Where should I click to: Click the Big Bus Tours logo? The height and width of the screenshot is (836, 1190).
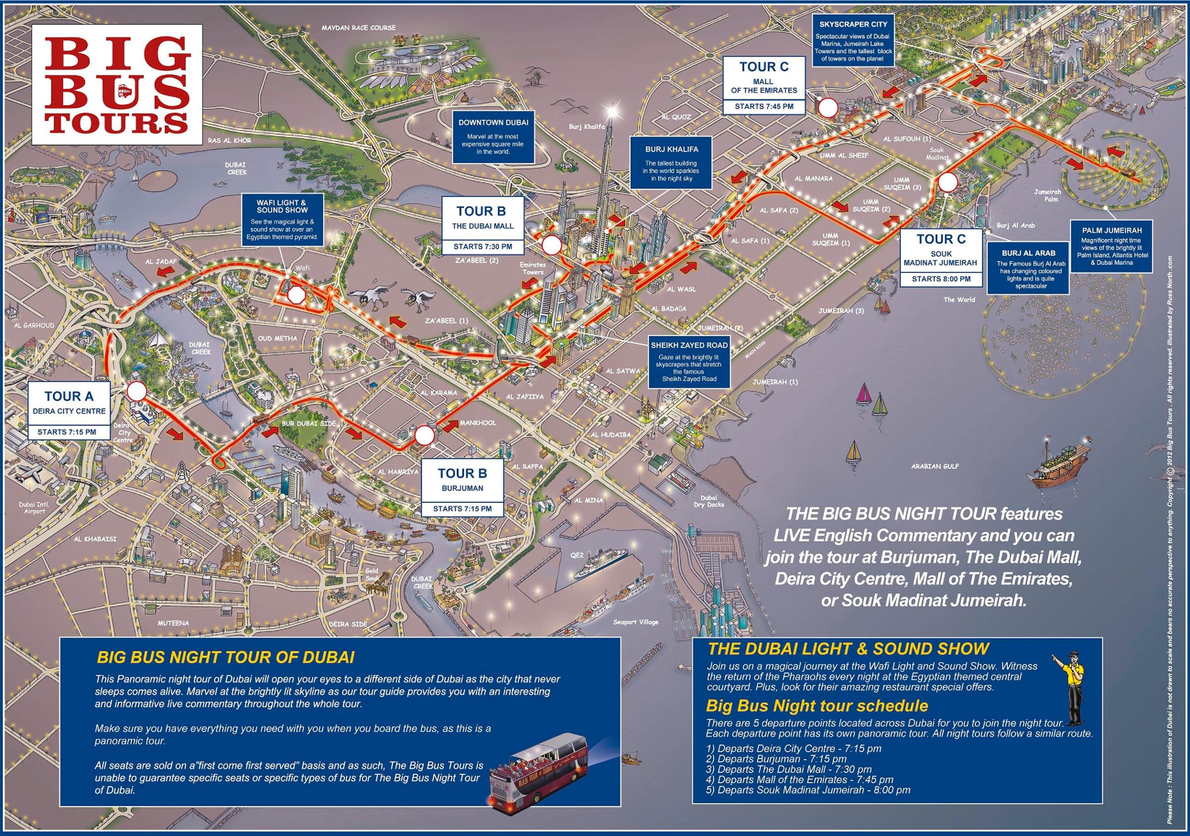tap(117, 85)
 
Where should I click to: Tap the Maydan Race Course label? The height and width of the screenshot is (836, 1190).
tap(358, 27)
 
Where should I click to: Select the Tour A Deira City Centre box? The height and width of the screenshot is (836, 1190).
tap(69, 411)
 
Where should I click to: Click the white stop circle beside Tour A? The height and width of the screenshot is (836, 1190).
tap(137, 392)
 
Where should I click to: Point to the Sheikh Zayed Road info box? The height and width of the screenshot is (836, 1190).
tap(689, 362)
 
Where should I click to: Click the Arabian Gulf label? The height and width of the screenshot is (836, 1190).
tap(935, 466)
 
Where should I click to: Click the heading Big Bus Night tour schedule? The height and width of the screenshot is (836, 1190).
tap(817, 706)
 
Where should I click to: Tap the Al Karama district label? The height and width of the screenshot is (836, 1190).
tap(438, 392)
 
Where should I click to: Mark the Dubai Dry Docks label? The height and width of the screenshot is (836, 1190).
tap(709, 501)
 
